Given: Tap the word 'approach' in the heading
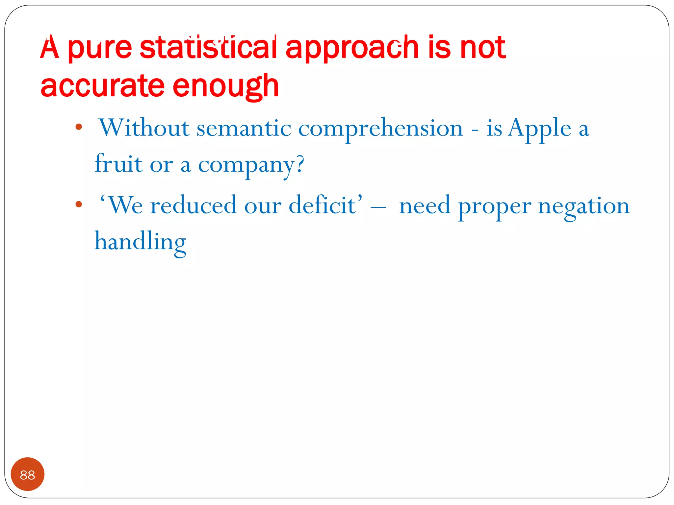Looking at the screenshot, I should (x=352, y=48).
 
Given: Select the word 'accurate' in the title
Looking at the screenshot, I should (x=102, y=86).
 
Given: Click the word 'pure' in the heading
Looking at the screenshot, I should (x=99, y=48).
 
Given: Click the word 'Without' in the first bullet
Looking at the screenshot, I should (x=144, y=128).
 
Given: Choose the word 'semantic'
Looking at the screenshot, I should (x=244, y=128).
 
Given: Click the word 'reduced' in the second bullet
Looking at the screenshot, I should (x=193, y=205).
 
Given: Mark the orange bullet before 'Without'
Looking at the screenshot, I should (x=78, y=127).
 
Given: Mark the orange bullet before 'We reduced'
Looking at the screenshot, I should (x=78, y=204).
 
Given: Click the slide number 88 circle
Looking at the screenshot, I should (x=28, y=474).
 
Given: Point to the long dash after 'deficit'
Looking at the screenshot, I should (x=378, y=207).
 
